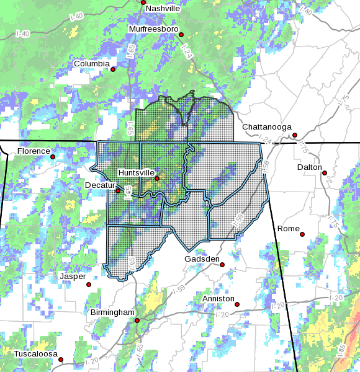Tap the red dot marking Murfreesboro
(181, 35)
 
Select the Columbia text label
(92, 64)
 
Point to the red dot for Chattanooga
(295, 135)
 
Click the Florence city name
(34, 151)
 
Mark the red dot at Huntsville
(157, 179)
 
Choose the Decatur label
(101, 185)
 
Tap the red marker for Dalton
(325, 173)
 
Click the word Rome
(288, 229)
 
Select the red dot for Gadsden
(222, 265)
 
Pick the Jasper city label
(73, 277)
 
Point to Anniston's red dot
(236, 304)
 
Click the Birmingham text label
(112, 312)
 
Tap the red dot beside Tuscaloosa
(61, 360)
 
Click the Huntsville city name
(136, 172)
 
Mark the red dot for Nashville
(143, 2)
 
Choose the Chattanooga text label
(267, 127)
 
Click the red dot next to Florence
(53, 157)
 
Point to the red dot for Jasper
(89, 285)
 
